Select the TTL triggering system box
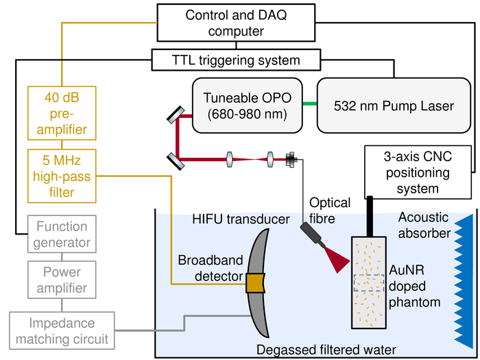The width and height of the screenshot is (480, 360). [x=236, y=60]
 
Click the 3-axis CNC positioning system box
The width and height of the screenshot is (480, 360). [x=418, y=171]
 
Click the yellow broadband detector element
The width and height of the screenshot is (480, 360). [x=255, y=282]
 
